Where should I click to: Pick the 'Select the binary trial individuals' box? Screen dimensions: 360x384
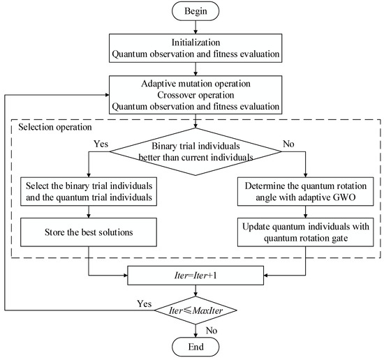(x=88, y=193)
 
